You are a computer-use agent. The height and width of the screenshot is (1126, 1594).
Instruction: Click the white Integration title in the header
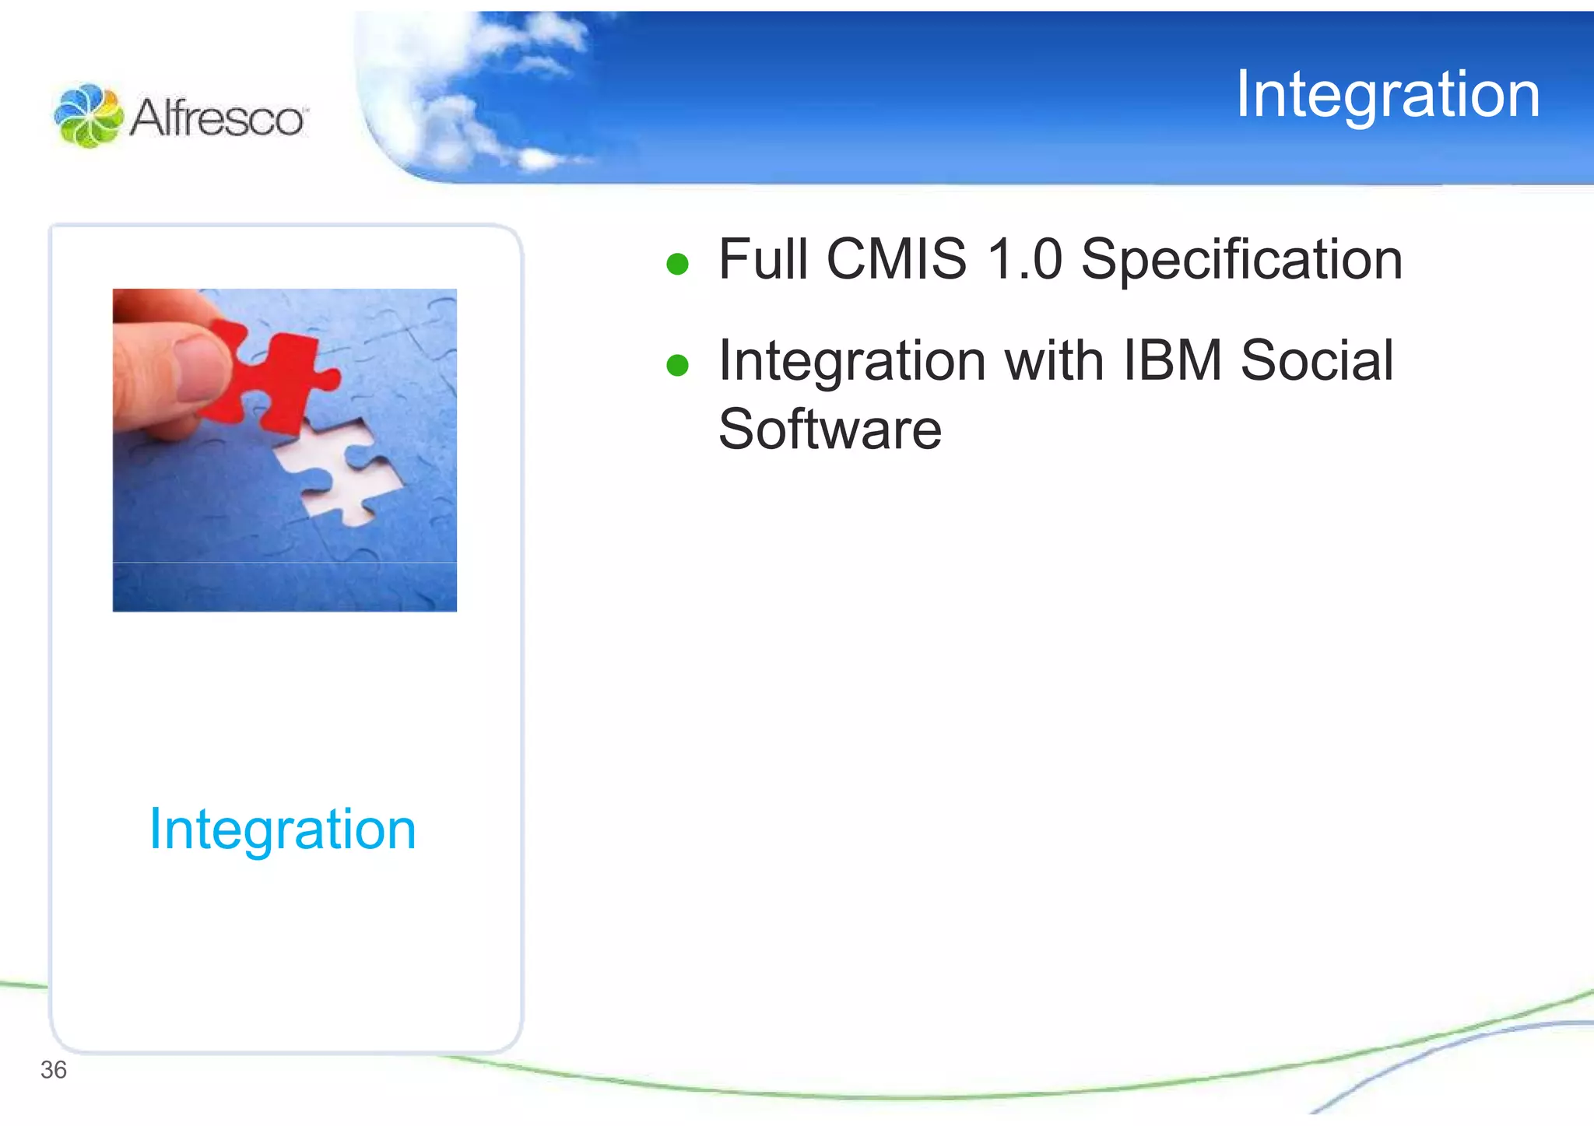pos(1387,95)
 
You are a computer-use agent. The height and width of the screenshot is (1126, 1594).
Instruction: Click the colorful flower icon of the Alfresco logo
pos(88,116)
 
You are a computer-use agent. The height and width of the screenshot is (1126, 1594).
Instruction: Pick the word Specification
pos(1241,261)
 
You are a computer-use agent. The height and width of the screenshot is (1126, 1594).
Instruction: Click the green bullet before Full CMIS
pos(677,264)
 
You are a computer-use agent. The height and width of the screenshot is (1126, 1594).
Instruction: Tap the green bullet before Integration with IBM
pos(677,365)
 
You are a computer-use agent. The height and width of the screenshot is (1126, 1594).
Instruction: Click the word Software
pos(830,429)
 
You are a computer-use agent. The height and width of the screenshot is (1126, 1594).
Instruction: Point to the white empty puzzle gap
pos(342,467)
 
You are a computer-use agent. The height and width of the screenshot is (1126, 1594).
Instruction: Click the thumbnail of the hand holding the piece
pos(285,450)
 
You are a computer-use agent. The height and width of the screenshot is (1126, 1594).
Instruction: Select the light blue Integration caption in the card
pos(283,830)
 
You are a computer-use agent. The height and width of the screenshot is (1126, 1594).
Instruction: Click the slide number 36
pos(53,1070)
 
